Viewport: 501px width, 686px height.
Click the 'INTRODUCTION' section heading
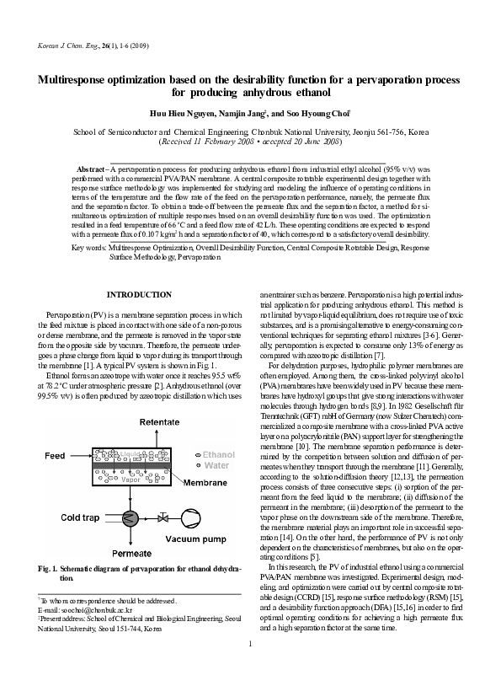tap(136, 294)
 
